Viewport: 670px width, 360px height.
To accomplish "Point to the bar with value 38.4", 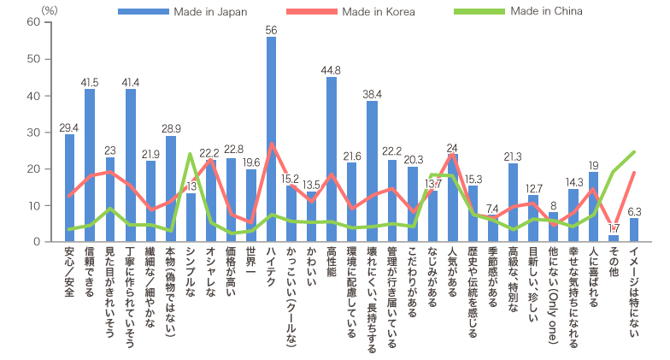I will [x=372, y=171].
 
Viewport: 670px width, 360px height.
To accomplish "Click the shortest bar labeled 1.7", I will [x=614, y=239].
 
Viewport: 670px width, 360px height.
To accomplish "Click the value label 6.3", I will [x=634, y=211].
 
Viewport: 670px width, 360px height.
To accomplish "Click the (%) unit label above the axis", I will [x=50, y=8].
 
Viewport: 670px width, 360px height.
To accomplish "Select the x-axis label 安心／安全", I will [x=69, y=274].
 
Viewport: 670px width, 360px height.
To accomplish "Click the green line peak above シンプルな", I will [x=191, y=155].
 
